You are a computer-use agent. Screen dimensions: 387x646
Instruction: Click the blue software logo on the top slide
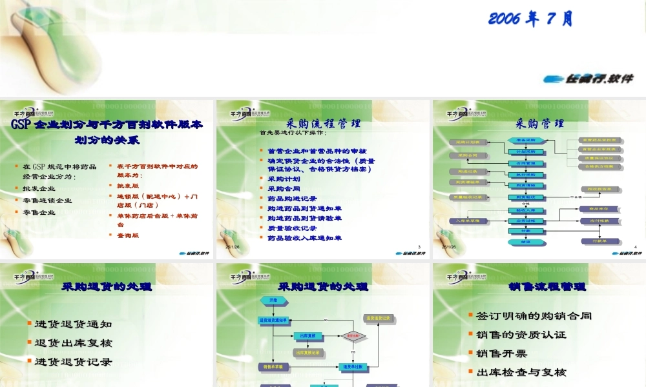pos(588,78)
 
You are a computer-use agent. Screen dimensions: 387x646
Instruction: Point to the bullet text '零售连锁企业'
pos(47,201)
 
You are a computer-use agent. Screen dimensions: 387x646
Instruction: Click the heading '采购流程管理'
pos(323,123)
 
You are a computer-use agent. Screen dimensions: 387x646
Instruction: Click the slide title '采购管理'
pos(539,123)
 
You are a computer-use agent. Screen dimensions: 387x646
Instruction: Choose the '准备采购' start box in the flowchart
pos(528,140)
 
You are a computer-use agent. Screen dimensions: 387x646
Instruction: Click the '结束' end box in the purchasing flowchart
pos(528,241)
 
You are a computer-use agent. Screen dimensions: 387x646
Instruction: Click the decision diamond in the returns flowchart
pos(353,336)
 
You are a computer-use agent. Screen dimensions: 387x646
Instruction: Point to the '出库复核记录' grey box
pos(306,353)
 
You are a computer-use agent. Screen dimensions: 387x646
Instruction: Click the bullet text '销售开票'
pos(501,353)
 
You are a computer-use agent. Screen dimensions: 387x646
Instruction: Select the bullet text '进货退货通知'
pos(73,324)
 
